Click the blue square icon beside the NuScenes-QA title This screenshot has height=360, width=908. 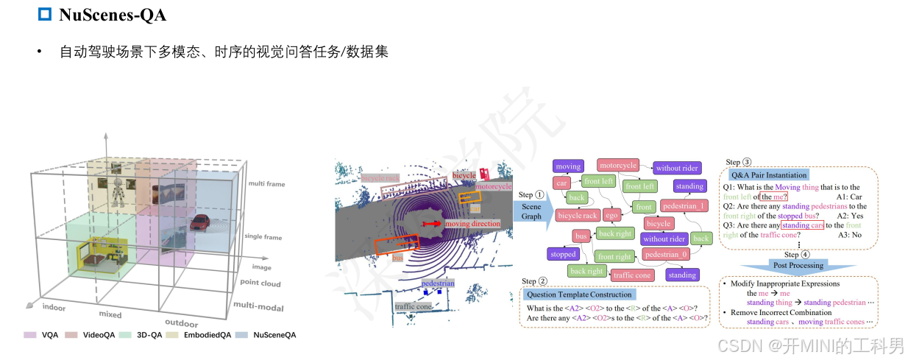(45, 14)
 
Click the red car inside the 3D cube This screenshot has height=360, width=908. (198, 222)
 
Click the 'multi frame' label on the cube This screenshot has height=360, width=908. (266, 184)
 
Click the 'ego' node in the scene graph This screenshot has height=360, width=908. (611, 215)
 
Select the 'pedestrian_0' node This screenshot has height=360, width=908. (665, 255)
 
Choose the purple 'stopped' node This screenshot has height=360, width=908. (563, 255)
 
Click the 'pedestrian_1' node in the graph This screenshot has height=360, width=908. (684, 205)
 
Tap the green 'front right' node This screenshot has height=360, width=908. (615, 256)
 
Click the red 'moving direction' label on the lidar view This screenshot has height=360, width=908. (472, 223)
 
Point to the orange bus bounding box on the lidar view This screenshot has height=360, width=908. (397, 246)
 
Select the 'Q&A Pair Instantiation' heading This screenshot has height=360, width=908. (768, 175)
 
